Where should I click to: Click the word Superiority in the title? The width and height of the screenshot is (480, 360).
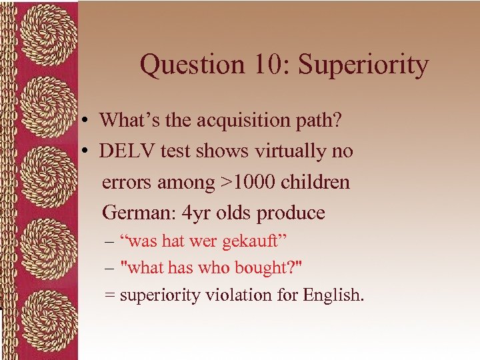coord(363,65)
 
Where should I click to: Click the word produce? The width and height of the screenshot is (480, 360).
coord(291,213)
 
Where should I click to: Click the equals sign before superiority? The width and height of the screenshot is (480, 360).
coord(109,295)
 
